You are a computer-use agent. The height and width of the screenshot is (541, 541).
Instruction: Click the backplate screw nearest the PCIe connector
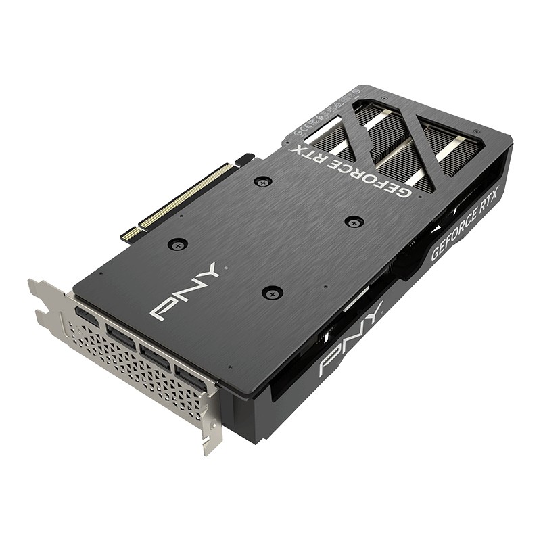[262, 181]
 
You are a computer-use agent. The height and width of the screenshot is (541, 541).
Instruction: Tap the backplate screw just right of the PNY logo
[272, 292]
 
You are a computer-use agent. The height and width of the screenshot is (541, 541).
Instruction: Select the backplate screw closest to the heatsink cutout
[354, 221]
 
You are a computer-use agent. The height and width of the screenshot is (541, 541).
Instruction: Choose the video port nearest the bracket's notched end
[87, 316]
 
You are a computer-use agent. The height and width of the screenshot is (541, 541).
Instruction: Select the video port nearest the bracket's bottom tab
[191, 376]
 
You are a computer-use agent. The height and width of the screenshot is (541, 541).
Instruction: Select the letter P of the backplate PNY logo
[162, 308]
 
